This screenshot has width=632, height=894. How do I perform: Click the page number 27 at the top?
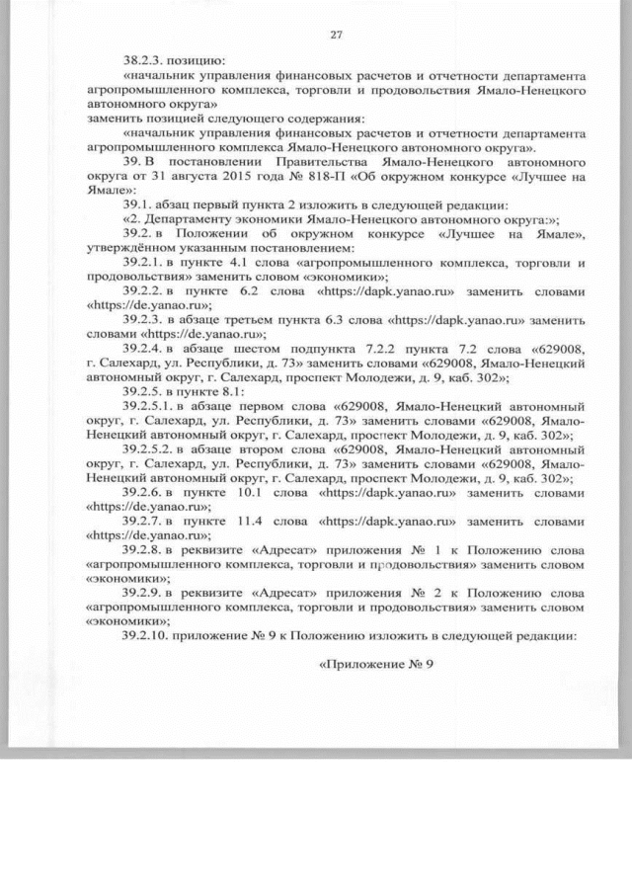(x=336, y=36)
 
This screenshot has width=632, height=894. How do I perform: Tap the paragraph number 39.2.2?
(x=144, y=293)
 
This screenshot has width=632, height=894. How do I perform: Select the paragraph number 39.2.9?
(x=144, y=591)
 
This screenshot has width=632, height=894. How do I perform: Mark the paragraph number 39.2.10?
(x=147, y=634)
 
